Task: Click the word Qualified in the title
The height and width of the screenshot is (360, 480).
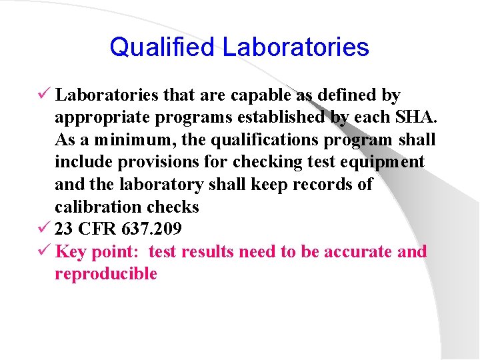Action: point(162,47)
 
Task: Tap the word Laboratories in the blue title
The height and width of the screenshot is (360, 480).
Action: point(295,47)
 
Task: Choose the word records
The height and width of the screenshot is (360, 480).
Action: point(316,185)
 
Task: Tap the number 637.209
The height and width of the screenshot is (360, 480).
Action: point(152,229)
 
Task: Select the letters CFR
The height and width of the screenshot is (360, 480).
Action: point(98,229)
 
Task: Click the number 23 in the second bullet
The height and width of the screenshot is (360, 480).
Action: point(64,229)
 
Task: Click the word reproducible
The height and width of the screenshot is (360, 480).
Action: point(106,274)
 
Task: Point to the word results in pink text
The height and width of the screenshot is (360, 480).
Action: point(208,252)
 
